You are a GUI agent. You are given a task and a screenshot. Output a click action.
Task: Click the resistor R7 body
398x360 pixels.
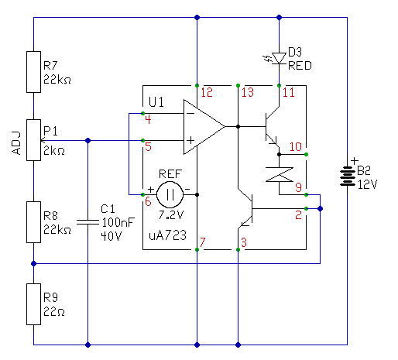[33, 72]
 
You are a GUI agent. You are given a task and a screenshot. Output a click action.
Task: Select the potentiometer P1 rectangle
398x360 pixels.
[33, 140]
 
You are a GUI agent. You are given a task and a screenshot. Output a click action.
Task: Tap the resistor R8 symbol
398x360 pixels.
[33, 222]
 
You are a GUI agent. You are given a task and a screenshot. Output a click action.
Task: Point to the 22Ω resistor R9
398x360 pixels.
[33, 304]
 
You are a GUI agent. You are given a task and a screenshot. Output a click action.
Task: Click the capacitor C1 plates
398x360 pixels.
[87, 222]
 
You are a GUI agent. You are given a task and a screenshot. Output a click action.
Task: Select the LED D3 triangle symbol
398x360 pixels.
[279, 58]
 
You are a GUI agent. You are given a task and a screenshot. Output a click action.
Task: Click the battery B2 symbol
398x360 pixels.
[347, 176]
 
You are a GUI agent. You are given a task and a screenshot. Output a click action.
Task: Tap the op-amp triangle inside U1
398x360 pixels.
[204, 127]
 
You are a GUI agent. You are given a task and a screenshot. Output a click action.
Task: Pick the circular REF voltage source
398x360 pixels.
[170, 194]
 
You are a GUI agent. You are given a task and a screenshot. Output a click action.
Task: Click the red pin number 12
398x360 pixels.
[207, 92]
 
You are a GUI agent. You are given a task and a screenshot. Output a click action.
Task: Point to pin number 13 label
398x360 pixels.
[248, 92]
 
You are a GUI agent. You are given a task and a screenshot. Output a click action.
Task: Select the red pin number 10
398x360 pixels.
[296, 147]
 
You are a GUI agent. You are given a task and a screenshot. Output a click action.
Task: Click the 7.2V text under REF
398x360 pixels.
[170, 214]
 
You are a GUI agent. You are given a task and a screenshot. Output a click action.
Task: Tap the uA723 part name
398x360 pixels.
[167, 235]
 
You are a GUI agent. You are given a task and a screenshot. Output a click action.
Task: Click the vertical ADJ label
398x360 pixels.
[16, 143]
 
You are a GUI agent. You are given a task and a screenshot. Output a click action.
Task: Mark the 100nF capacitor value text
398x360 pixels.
[118, 222]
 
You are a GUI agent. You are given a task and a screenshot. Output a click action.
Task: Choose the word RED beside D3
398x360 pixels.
[300, 66]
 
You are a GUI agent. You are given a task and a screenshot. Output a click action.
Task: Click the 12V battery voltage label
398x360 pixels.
[368, 184]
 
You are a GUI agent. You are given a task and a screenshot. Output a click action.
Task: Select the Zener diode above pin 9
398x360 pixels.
[280, 174]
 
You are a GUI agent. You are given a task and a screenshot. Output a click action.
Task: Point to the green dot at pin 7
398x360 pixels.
[197, 249]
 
